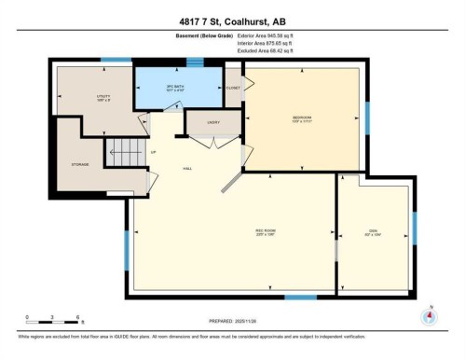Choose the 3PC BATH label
[x=163, y=90]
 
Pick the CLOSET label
[x=233, y=88]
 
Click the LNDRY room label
[x=200, y=121]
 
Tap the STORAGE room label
[x=79, y=165]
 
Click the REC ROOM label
[x=265, y=233]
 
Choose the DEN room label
[x=374, y=233]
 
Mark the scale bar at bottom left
[x=53, y=321]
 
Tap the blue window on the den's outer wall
[x=415, y=227]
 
